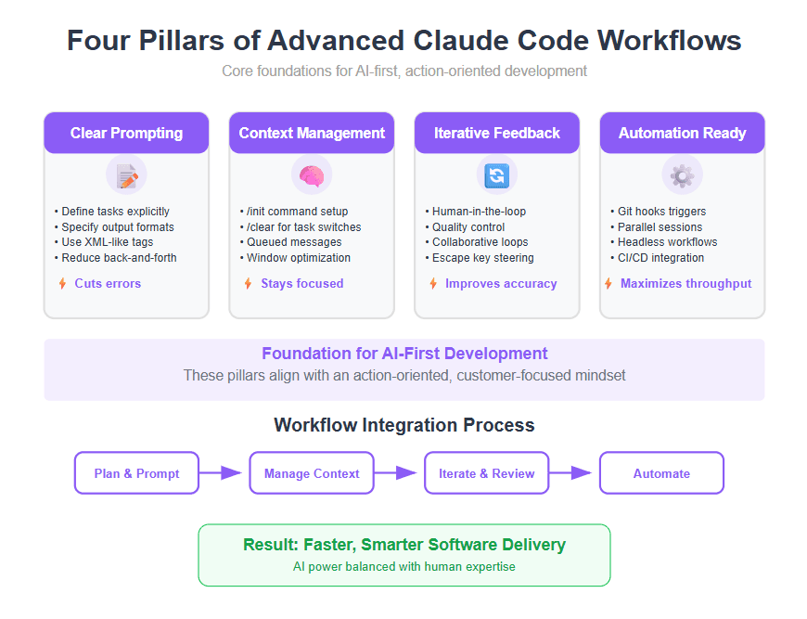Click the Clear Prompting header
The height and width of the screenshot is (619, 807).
pyautogui.click(x=126, y=133)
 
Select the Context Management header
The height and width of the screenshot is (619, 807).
pyautogui.click(x=312, y=133)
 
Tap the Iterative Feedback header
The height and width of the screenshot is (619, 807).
pyautogui.click(x=496, y=133)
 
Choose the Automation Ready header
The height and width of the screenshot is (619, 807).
pyautogui.click(x=682, y=133)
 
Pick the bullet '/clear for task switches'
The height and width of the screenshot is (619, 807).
pyautogui.click(x=303, y=226)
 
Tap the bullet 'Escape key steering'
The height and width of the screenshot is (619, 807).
pyautogui.click(x=482, y=258)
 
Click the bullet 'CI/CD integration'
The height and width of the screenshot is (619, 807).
pyautogui.click(x=660, y=258)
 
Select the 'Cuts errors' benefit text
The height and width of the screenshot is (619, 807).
pyautogui.click(x=108, y=283)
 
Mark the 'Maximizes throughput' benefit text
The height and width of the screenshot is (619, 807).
pyautogui.click(x=685, y=283)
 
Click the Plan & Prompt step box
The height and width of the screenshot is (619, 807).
pyautogui.click(x=136, y=473)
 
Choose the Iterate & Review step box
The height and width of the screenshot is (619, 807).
pyautogui.click(x=486, y=473)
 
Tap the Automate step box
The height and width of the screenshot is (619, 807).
pyautogui.click(x=661, y=473)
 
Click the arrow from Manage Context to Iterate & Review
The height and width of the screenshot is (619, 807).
pyautogui.click(x=398, y=472)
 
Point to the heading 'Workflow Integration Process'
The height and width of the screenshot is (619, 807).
pyautogui.click(x=403, y=425)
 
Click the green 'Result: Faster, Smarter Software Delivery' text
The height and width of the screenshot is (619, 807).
pyautogui.click(x=403, y=545)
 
